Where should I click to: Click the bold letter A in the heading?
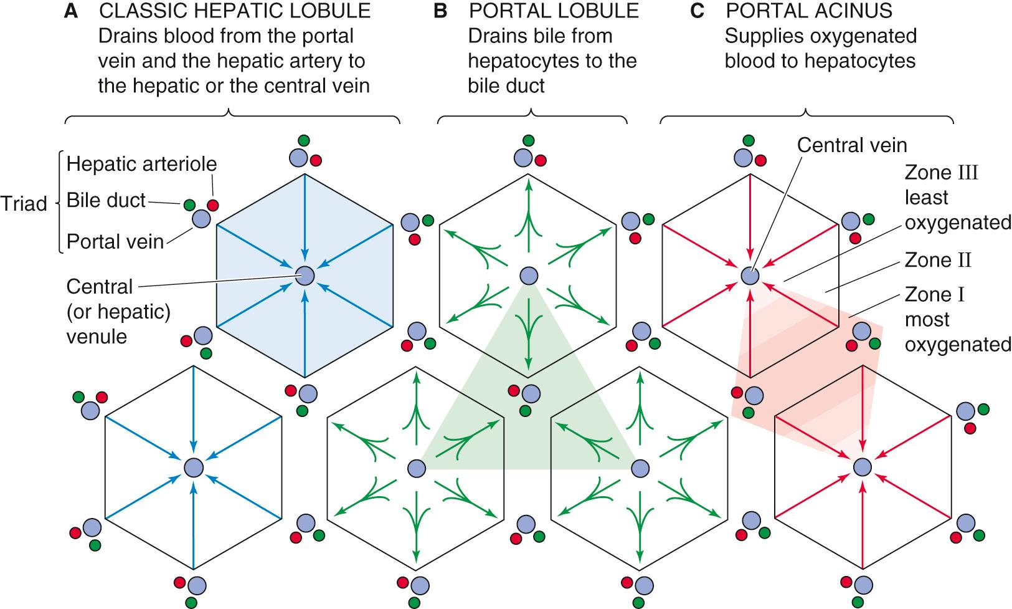(71, 11)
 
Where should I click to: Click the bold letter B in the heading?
(440, 11)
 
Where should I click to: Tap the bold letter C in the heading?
(697, 11)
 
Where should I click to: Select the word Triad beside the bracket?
(24, 204)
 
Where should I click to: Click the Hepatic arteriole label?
(141, 164)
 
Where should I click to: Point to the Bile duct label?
(106, 201)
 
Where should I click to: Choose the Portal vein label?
(115, 241)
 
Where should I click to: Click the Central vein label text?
(852, 145)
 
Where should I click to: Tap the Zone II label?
(938, 260)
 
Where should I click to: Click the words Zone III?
(941, 173)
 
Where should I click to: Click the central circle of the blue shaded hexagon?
(305, 275)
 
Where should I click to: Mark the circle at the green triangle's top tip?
(529, 275)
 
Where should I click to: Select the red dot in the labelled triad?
(213, 204)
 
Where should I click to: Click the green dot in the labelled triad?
(189, 204)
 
